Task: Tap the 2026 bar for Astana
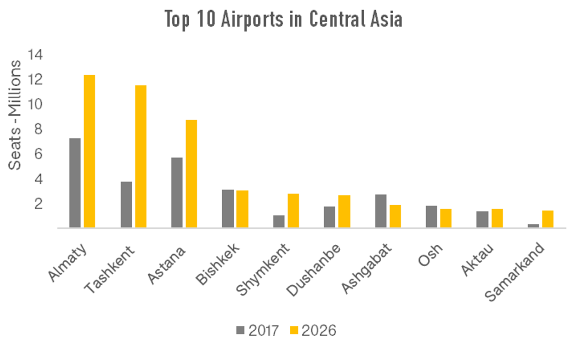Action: [x=191, y=173]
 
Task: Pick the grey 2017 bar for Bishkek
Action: [x=228, y=208]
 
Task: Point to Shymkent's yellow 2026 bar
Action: [x=293, y=211]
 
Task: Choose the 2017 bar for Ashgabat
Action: [x=381, y=211]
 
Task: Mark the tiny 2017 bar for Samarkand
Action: [x=533, y=225]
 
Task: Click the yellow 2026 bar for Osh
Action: [x=446, y=218]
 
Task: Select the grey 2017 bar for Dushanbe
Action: [x=330, y=217]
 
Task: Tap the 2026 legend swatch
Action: [x=294, y=330]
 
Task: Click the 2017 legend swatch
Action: [x=240, y=330]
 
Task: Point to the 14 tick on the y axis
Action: [x=35, y=54]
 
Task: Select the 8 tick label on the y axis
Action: [x=38, y=129]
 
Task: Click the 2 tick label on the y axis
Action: [x=38, y=204]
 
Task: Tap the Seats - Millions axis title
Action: [x=15, y=115]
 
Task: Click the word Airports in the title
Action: [x=252, y=19]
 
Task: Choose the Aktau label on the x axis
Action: [x=477, y=259]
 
